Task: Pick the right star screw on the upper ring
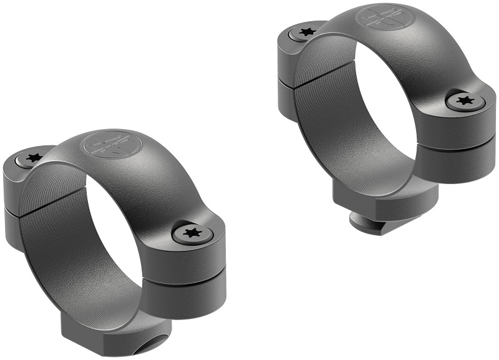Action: [x=463, y=100]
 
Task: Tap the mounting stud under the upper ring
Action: [x=368, y=219]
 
